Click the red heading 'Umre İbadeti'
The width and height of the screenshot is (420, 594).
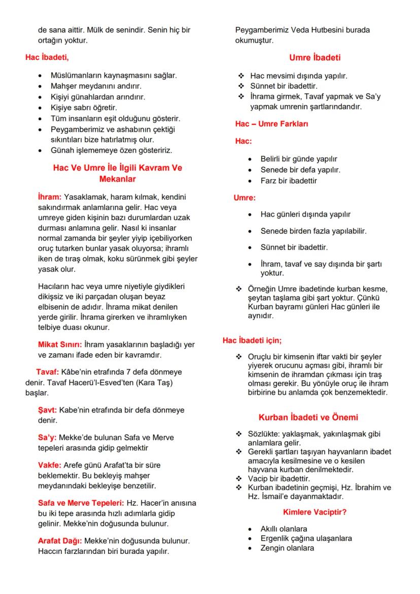pyautogui.click(x=314, y=57)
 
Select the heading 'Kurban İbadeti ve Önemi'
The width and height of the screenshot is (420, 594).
pyautogui.click(x=308, y=417)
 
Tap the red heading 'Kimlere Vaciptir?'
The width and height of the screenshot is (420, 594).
pyautogui.click(x=314, y=512)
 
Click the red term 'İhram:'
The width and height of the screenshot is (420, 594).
pyautogui.click(x=49, y=196)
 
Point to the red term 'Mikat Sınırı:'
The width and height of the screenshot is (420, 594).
pyautogui.click(x=60, y=345)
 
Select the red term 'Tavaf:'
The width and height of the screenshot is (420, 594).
pyautogui.click(x=48, y=372)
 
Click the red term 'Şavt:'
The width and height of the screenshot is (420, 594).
pyautogui.click(x=48, y=409)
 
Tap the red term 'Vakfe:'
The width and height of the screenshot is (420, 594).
pyautogui.click(x=50, y=465)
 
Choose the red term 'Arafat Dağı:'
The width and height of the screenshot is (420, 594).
pyautogui.click(x=60, y=541)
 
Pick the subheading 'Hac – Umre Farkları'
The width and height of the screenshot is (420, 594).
pyautogui.click(x=271, y=124)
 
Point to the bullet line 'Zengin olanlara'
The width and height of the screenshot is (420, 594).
pyautogui.click(x=287, y=548)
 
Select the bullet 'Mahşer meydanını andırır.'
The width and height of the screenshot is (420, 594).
pyautogui.click(x=96, y=86)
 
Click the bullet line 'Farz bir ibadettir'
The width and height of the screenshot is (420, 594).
pyautogui.click(x=289, y=181)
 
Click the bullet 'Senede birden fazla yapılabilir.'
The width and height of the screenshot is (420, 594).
pyautogui.click(x=313, y=231)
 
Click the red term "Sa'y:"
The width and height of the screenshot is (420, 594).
pyautogui.click(x=48, y=437)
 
